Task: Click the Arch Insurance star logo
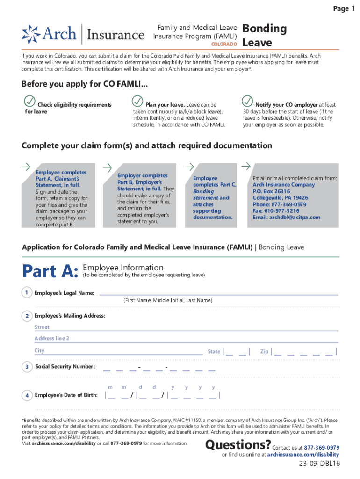[31, 34]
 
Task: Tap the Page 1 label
[343, 9]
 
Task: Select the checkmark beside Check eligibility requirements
[29, 101]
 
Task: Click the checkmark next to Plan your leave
[137, 101]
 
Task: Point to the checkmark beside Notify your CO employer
[247, 101]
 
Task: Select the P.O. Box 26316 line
[271, 191]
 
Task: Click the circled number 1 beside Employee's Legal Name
[27, 293]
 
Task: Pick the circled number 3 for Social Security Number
[27, 366]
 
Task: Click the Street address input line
[186, 327]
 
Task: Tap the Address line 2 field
[186, 339]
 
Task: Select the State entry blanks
[236, 352]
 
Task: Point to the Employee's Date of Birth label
[66, 395]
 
